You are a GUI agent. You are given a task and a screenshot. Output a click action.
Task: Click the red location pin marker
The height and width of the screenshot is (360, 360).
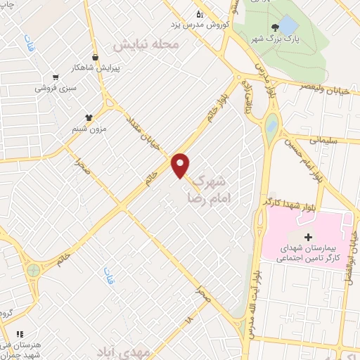[181, 165]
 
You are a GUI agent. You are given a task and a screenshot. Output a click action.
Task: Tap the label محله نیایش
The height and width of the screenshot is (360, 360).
[148, 44]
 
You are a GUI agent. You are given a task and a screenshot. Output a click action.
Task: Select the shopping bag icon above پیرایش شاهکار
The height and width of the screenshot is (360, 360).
[95, 58]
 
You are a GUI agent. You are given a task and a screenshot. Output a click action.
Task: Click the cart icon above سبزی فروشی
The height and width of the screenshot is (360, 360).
[56, 78]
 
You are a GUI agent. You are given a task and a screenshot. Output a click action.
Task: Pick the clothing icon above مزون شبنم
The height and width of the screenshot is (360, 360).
[89, 118]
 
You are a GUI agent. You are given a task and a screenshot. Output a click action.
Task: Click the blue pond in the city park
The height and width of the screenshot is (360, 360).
[288, 26]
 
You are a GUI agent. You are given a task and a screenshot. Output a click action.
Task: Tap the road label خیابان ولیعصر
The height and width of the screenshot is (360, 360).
[314, 89]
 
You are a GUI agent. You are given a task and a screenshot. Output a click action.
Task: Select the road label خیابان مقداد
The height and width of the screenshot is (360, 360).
[143, 134]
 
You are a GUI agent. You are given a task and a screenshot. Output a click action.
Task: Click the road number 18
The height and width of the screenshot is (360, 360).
[188, 319]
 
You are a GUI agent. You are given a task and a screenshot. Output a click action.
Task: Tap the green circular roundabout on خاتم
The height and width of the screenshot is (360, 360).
[33, 270]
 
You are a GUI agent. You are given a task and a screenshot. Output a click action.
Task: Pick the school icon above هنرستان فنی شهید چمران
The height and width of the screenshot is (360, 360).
[20, 334]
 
